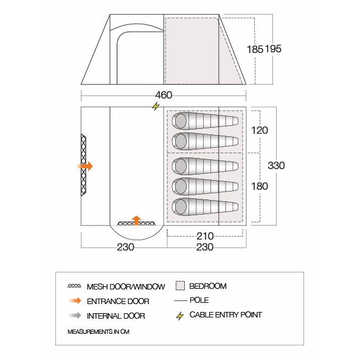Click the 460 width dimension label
[x=164, y=95]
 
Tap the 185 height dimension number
[x=255, y=49]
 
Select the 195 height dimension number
[x=273, y=49]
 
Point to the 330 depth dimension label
[x=276, y=165]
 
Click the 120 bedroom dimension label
[x=260, y=130]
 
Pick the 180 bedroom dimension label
[x=260, y=186]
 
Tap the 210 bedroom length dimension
[x=205, y=236]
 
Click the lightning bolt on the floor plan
[x=156, y=106]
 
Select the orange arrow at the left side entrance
[x=85, y=166]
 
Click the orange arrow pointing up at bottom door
[x=136, y=220]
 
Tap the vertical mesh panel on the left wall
[x=83, y=165]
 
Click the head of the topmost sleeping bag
[x=180, y=120]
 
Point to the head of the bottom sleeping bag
[x=180, y=206]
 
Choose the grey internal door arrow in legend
[x=75, y=316]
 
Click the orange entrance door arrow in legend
[x=75, y=300]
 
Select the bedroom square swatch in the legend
[x=180, y=286]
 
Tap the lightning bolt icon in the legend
[x=180, y=316]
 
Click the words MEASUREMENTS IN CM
[x=99, y=332]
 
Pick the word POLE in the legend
[x=199, y=300]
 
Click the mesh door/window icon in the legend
[x=74, y=286]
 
